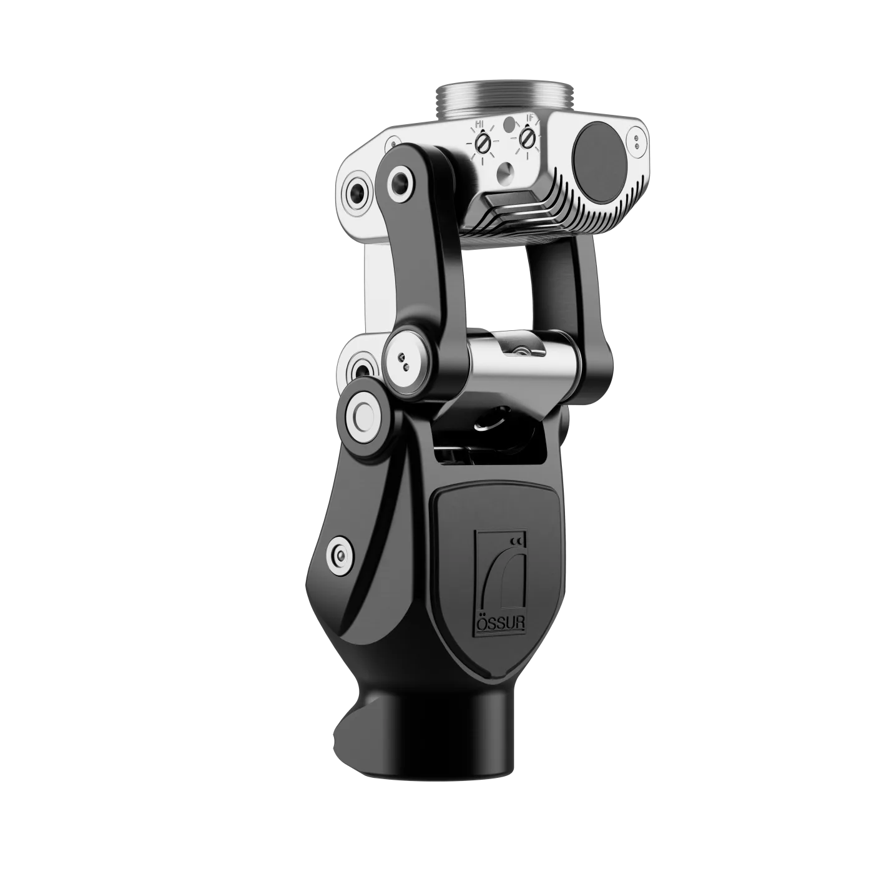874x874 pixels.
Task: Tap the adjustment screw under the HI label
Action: point(481,144)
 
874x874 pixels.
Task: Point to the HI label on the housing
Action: point(480,124)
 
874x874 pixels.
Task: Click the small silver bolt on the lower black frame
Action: point(340,554)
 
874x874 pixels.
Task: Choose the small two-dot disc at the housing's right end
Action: point(636,139)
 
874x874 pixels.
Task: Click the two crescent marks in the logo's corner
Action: point(516,540)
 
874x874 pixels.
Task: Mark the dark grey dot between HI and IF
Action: point(509,122)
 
